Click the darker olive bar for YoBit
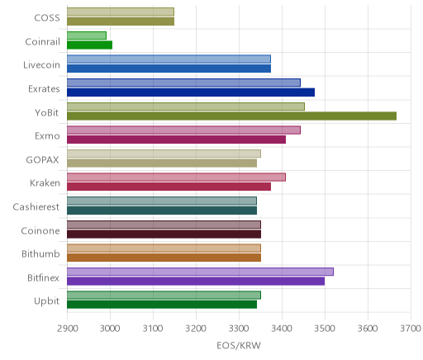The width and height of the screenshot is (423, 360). (x=231, y=116)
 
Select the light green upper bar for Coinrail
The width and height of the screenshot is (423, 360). (x=87, y=36)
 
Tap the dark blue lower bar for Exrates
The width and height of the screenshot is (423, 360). (x=191, y=92)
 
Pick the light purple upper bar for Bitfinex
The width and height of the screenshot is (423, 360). (x=200, y=272)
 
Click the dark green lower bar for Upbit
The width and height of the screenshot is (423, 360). (x=162, y=305)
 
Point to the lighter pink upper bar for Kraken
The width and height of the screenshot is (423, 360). (x=176, y=178)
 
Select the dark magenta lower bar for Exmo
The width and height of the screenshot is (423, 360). (x=176, y=140)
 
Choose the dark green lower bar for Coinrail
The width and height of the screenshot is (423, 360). (x=89, y=45)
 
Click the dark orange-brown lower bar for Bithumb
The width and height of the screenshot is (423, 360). (x=164, y=258)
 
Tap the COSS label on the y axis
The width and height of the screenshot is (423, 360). (x=47, y=18)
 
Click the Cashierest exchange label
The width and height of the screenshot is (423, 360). (x=36, y=206)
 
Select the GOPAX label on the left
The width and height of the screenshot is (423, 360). (x=42, y=160)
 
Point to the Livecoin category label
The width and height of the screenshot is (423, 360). (x=41, y=65)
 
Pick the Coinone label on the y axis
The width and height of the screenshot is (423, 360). (x=40, y=230)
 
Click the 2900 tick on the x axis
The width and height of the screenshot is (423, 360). (x=68, y=329)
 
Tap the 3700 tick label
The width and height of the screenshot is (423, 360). (x=411, y=329)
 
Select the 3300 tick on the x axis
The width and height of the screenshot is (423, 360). (x=239, y=329)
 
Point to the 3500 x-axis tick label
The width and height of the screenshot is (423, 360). (x=325, y=329)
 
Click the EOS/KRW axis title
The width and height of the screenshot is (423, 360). (x=239, y=345)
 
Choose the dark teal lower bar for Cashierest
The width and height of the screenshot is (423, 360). (x=162, y=211)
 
